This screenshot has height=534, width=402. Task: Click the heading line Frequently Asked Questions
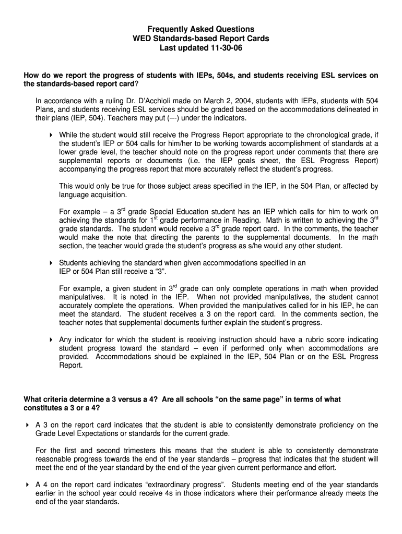(x=201, y=29)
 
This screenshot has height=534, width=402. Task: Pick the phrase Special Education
(x=179, y=212)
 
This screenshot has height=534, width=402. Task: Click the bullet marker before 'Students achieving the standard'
(x=51, y=263)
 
